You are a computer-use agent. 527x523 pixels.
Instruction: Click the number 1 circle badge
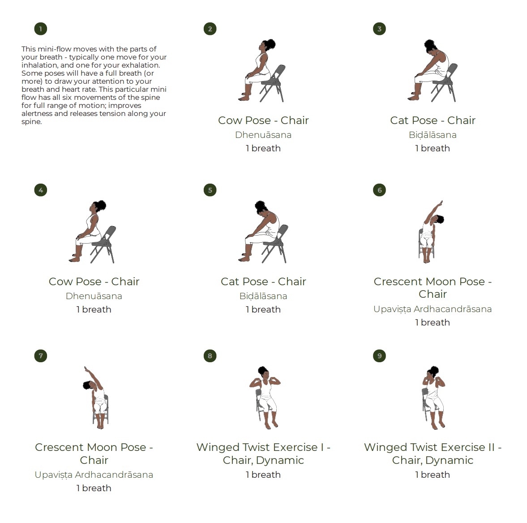point(41,29)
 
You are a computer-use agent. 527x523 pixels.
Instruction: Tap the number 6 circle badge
point(379,190)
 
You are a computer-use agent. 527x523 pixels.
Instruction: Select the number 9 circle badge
point(379,356)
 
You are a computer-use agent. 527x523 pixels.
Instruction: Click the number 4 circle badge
point(41,190)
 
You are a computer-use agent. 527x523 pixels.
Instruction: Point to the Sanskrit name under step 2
point(263,135)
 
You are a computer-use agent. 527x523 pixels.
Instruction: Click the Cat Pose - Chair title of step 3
point(433,120)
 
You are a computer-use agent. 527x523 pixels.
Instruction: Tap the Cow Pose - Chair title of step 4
point(94,282)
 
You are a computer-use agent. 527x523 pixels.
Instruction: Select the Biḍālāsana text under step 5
point(263,296)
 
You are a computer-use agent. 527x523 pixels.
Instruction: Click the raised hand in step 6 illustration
point(441,203)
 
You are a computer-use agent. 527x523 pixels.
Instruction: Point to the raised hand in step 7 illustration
point(86,369)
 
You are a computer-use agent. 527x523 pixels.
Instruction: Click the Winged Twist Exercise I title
point(263,454)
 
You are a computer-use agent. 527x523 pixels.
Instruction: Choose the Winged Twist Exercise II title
point(433,454)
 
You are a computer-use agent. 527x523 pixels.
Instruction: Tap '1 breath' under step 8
point(263,475)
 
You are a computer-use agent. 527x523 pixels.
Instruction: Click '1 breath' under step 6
point(433,322)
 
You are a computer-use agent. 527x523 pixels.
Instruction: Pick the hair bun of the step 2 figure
point(270,44)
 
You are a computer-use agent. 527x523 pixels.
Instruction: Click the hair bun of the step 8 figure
point(262,370)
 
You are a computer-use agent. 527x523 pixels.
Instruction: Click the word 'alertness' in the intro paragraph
point(37,114)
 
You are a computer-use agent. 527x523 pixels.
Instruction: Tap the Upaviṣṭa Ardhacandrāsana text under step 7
point(94,475)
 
